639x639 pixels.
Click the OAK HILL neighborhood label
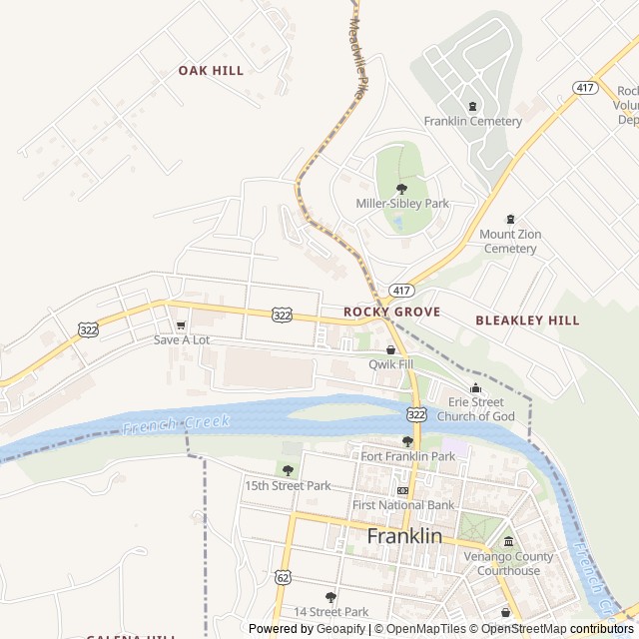(x=211, y=71)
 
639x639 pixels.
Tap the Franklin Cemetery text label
(x=472, y=122)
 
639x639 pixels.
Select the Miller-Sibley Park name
(x=402, y=204)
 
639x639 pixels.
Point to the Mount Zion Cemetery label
(x=510, y=241)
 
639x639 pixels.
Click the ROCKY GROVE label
(x=391, y=313)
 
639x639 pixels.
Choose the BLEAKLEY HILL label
(x=526, y=320)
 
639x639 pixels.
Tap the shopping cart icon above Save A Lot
(x=181, y=324)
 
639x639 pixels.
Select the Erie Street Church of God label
(x=475, y=409)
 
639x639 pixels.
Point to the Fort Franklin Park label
(x=407, y=456)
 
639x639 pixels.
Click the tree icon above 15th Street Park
(x=288, y=470)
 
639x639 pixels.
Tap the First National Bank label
(x=403, y=505)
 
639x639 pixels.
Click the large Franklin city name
(x=403, y=536)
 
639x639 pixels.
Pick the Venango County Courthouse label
(x=508, y=564)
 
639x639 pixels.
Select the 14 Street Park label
(x=330, y=611)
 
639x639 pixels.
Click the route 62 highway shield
(x=283, y=578)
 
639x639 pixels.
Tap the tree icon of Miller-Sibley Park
(x=402, y=188)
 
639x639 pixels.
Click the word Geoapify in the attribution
(x=341, y=629)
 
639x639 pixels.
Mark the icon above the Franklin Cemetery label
(x=472, y=106)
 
